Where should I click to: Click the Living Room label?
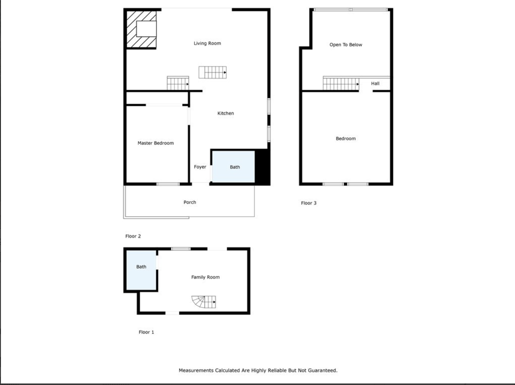click(x=207, y=43)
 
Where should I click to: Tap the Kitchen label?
click(x=226, y=113)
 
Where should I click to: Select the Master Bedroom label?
click(x=156, y=143)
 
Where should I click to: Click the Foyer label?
click(x=200, y=167)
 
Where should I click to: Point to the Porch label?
click(x=190, y=202)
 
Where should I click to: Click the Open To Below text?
click(x=346, y=45)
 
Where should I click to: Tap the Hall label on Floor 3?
click(x=375, y=83)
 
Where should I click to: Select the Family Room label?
click(x=205, y=277)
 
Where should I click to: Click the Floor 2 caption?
click(x=133, y=236)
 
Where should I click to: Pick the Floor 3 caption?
click(x=309, y=203)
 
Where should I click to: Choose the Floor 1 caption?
click(x=146, y=332)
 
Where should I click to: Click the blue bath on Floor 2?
click(x=233, y=167)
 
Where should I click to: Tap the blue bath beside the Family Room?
click(x=141, y=270)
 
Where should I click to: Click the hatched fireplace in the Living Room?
click(x=141, y=29)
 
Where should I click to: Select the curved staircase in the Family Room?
click(x=203, y=302)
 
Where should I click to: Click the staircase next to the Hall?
click(x=341, y=84)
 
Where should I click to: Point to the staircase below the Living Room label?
click(x=213, y=73)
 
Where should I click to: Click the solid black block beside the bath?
click(x=262, y=167)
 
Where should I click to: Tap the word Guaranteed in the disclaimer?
click(x=322, y=370)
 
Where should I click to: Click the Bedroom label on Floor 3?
click(x=346, y=138)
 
